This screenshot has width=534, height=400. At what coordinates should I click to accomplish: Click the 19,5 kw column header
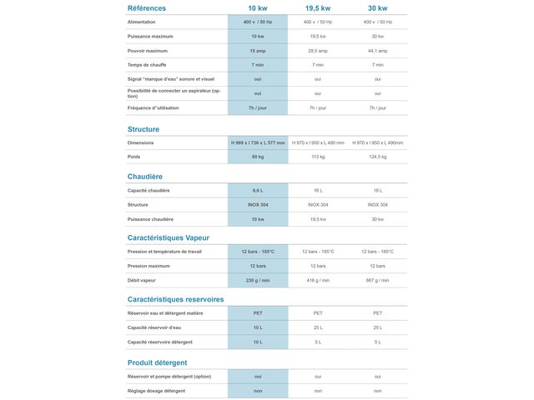click(318, 8)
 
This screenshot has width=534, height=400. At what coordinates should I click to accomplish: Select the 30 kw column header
click(377, 8)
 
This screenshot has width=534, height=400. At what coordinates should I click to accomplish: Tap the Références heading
click(147, 8)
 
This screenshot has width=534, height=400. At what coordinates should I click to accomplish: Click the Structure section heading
click(144, 129)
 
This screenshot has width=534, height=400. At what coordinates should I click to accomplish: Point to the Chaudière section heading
click(145, 177)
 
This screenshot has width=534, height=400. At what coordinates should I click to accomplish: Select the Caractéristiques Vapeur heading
click(169, 237)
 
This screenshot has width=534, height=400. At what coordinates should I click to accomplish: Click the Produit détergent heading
click(158, 362)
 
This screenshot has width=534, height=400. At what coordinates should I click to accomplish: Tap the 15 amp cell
click(258, 51)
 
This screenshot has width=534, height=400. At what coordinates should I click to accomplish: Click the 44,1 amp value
click(377, 51)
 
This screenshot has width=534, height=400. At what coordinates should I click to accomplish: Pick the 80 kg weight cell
click(258, 157)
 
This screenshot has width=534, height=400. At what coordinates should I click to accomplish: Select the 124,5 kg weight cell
click(377, 157)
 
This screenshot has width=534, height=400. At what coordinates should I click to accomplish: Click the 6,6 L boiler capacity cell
click(258, 191)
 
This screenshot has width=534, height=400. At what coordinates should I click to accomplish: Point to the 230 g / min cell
click(258, 280)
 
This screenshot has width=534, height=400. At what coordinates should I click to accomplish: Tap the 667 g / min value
click(377, 280)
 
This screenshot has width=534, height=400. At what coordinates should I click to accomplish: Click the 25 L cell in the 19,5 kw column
click(318, 327)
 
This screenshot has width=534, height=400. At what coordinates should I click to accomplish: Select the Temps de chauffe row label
click(149, 64)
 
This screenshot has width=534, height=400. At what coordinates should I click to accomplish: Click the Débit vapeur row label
click(142, 280)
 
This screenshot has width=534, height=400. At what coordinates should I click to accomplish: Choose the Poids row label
click(134, 157)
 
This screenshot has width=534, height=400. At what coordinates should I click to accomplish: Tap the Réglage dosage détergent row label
click(157, 390)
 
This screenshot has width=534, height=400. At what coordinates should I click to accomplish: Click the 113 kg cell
click(318, 157)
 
